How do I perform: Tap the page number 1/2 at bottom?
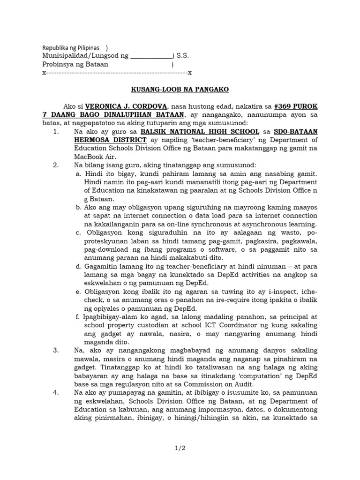pos(180,448)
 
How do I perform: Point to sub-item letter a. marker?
pos(78,174)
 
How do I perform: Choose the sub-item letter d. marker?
pos(78,266)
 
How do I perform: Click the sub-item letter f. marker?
pos(77,316)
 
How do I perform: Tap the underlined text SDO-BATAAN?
pos(296,132)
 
